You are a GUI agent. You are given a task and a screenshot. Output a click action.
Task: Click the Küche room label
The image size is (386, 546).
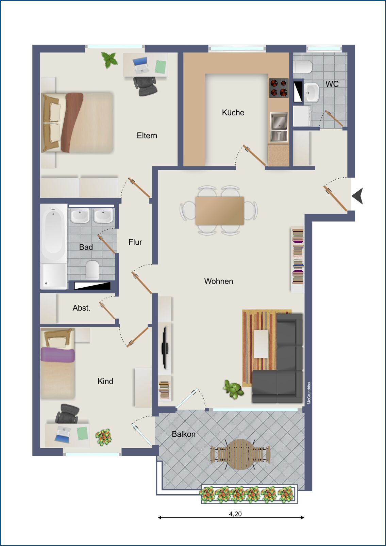pyautogui.click(x=233, y=112)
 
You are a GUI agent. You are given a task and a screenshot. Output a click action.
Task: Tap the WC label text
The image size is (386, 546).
pyautogui.click(x=332, y=84)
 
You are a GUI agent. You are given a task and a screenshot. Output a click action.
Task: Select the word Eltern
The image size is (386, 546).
pyautogui.click(x=147, y=135)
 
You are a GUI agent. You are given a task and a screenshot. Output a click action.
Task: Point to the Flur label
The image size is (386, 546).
pyautogui.click(x=135, y=242)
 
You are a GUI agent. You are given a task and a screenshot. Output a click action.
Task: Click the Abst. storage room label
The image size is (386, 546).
pyautogui.click(x=81, y=308)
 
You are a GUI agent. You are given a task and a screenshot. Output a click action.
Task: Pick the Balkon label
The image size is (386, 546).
pyautogui.click(x=184, y=434)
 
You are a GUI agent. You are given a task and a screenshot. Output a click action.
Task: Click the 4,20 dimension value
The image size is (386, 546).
pyautogui.click(x=235, y=514)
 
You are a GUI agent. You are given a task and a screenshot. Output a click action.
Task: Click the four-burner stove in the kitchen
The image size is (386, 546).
pyautogui.click(x=279, y=88)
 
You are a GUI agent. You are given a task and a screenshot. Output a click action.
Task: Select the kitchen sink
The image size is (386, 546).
pyautogui.click(x=279, y=127)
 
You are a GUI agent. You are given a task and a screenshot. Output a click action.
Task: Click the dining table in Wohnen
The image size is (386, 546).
pyautogui.click(x=219, y=211)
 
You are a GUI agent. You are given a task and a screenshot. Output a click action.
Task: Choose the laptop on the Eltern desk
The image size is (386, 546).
pyautogui.click(x=140, y=65)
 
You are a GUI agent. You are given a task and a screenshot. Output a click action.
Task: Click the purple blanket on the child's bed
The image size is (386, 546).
pyautogui.click(x=57, y=355)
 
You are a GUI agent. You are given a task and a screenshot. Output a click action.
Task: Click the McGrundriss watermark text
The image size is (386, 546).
pyautogui.click(x=309, y=393)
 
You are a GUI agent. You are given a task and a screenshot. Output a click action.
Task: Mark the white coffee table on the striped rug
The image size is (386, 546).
pyautogui.click(x=261, y=344)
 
